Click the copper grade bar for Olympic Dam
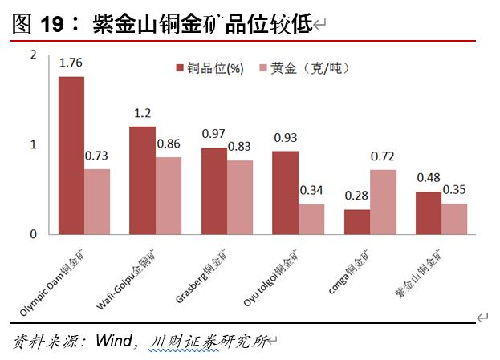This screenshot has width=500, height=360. (71, 155)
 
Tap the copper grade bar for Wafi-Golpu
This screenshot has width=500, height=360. (142, 180)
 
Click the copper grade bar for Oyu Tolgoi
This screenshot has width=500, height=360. (285, 192)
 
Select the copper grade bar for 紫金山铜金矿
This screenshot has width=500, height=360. (428, 212)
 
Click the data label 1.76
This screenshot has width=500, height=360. (71, 63)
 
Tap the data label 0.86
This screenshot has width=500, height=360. (169, 144)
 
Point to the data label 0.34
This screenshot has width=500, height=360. (311, 191)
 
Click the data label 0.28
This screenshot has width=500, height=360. (356, 196)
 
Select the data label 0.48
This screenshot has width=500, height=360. (428, 178)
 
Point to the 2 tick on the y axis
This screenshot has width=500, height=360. (33, 54)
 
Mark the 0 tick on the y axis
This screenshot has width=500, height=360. (33, 234)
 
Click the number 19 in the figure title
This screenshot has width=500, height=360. (52, 25)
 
